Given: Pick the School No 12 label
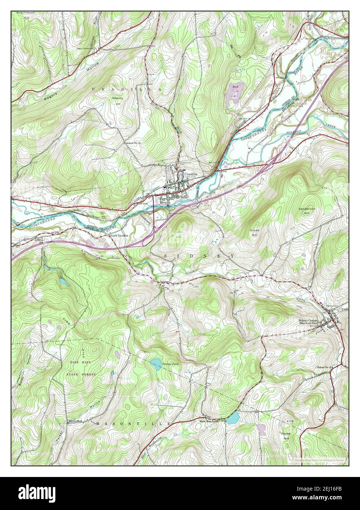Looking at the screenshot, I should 143,143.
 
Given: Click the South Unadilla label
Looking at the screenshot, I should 119,236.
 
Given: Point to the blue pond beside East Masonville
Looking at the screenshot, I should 232,418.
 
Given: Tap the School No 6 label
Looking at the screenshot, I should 75,421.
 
